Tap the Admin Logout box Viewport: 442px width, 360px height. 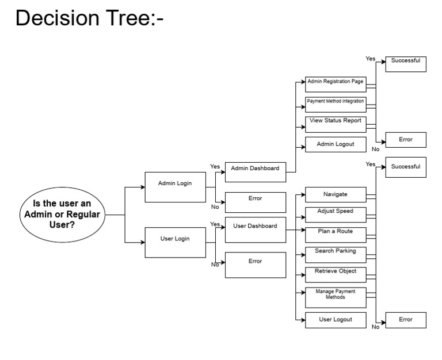pos(335,144)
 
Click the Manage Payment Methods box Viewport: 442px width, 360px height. pos(336,294)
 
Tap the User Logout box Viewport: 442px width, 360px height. pos(336,320)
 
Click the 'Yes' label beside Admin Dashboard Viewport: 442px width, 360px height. pos(215,166)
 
